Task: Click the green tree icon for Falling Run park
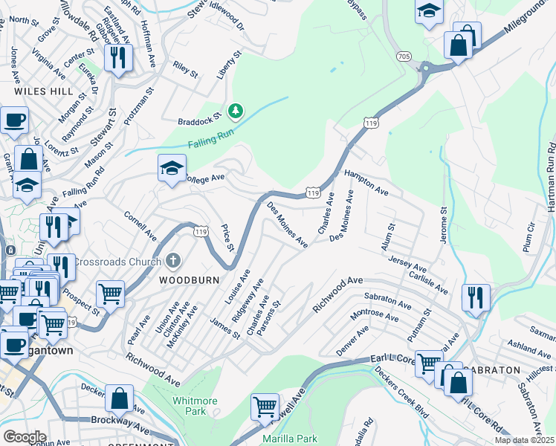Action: tap(236, 111)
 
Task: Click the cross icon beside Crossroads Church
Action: tap(172, 261)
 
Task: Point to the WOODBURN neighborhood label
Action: tap(185, 280)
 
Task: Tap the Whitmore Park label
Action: tap(195, 406)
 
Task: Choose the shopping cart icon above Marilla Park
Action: tap(265, 406)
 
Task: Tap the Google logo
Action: tap(25, 436)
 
